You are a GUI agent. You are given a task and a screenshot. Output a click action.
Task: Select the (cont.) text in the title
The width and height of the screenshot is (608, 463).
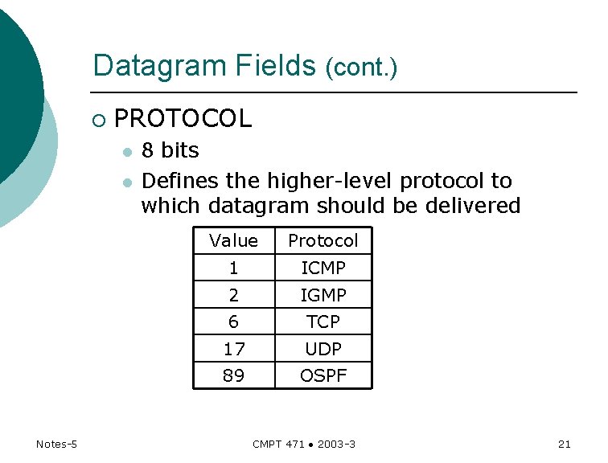(361, 68)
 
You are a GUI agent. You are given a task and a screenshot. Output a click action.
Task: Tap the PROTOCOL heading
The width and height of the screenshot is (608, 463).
(183, 119)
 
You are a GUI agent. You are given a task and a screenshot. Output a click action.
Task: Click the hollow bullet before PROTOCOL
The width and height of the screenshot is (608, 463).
(98, 121)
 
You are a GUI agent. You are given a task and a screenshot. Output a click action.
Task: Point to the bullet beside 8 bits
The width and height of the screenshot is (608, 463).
(126, 153)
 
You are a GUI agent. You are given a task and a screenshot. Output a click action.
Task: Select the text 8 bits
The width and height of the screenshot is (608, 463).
(170, 151)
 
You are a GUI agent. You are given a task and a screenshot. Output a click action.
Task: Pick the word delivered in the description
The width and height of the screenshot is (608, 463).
(474, 206)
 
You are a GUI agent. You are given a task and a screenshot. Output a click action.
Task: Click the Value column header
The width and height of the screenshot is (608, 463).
(233, 241)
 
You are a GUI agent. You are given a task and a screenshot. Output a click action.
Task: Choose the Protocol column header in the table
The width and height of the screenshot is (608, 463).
(323, 241)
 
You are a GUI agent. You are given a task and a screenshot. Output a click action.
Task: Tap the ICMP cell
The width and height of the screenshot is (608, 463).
(323, 268)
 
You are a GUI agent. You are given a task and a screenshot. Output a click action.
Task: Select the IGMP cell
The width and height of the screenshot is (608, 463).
(323, 295)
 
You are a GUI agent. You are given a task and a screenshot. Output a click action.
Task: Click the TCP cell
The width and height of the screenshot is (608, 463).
(323, 322)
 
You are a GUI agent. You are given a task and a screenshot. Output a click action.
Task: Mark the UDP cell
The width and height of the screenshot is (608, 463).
(323, 349)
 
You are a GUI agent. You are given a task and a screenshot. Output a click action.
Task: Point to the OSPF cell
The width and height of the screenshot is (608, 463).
(323, 375)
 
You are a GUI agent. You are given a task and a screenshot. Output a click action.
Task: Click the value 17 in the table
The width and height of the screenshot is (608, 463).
(233, 349)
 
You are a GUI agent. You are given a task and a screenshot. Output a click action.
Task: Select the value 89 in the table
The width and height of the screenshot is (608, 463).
(233, 375)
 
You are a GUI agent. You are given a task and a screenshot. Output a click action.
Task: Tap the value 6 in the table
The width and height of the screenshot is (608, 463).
(233, 322)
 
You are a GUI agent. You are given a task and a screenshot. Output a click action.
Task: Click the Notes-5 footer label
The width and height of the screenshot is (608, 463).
(56, 444)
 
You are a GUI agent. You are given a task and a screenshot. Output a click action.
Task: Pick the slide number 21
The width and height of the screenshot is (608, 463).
(564, 444)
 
